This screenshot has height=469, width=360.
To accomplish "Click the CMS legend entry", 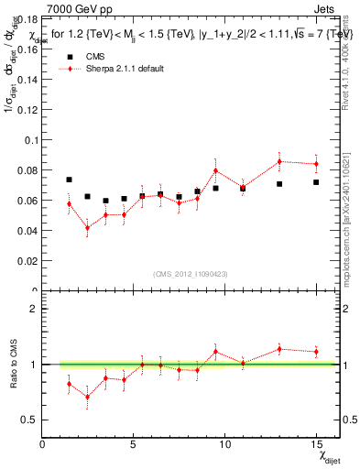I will (95, 57).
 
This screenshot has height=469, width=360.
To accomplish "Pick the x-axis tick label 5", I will (134, 444).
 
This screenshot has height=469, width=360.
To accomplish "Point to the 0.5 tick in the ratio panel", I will (32, 420).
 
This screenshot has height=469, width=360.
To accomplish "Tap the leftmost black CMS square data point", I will (70, 180).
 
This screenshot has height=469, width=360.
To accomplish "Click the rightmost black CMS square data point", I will (316, 182).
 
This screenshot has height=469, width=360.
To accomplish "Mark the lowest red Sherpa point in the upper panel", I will (88, 228).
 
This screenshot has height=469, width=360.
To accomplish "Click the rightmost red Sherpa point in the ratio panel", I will (316, 352).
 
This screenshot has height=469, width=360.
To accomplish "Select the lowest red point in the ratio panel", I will (88, 397).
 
